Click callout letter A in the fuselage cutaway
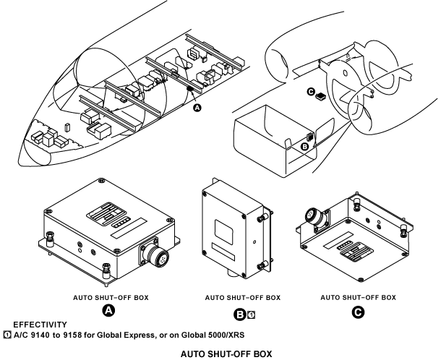pos(196,108)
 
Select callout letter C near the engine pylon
pos(310,92)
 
